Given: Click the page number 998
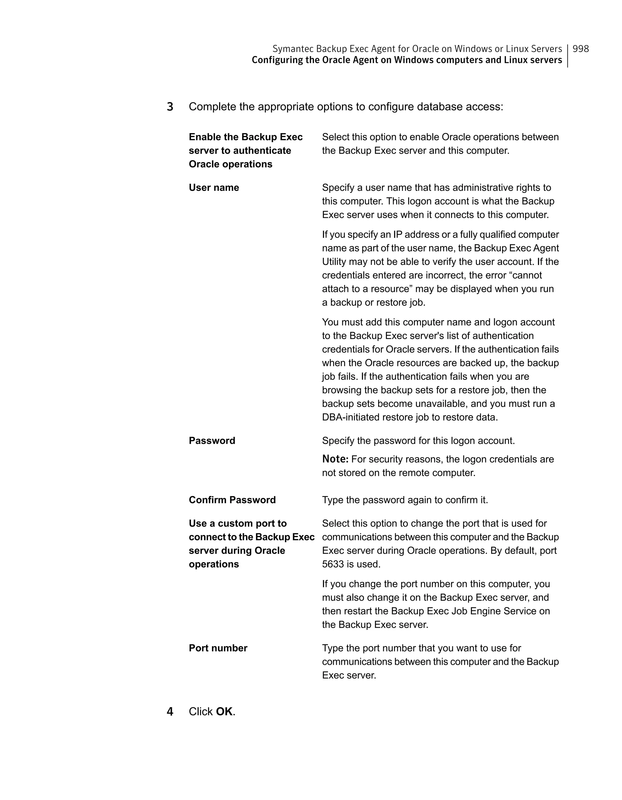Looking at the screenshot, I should [x=580, y=49].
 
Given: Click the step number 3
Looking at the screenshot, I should [x=170, y=107].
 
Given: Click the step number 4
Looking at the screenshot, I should [x=170, y=711].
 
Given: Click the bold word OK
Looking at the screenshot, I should [x=224, y=711].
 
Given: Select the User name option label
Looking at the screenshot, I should [x=214, y=187].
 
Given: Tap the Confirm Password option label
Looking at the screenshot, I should [x=232, y=500].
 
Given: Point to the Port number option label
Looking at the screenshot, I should [x=218, y=648].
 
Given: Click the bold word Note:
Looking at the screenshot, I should [x=335, y=459].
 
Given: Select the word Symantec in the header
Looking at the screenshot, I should [x=293, y=49].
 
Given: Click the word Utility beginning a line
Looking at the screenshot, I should [x=334, y=262].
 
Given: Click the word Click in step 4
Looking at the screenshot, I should [x=201, y=711].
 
